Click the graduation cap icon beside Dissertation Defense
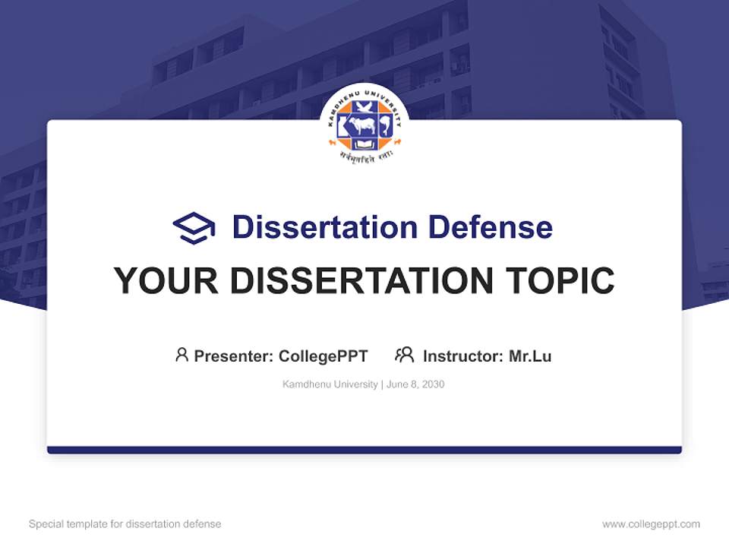[x=194, y=228]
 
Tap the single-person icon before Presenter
[x=181, y=355]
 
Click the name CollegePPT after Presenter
[x=323, y=356]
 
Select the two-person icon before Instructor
[x=404, y=355]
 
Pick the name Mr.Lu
[x=530, y=356]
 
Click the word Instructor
[x=462, y=356]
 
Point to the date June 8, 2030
[x=415, y=384]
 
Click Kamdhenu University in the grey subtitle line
[x=330, y=384]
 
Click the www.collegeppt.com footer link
[x=651, y=524]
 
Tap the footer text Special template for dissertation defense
[x=125, y=524]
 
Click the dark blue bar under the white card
[x=364, y=450]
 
